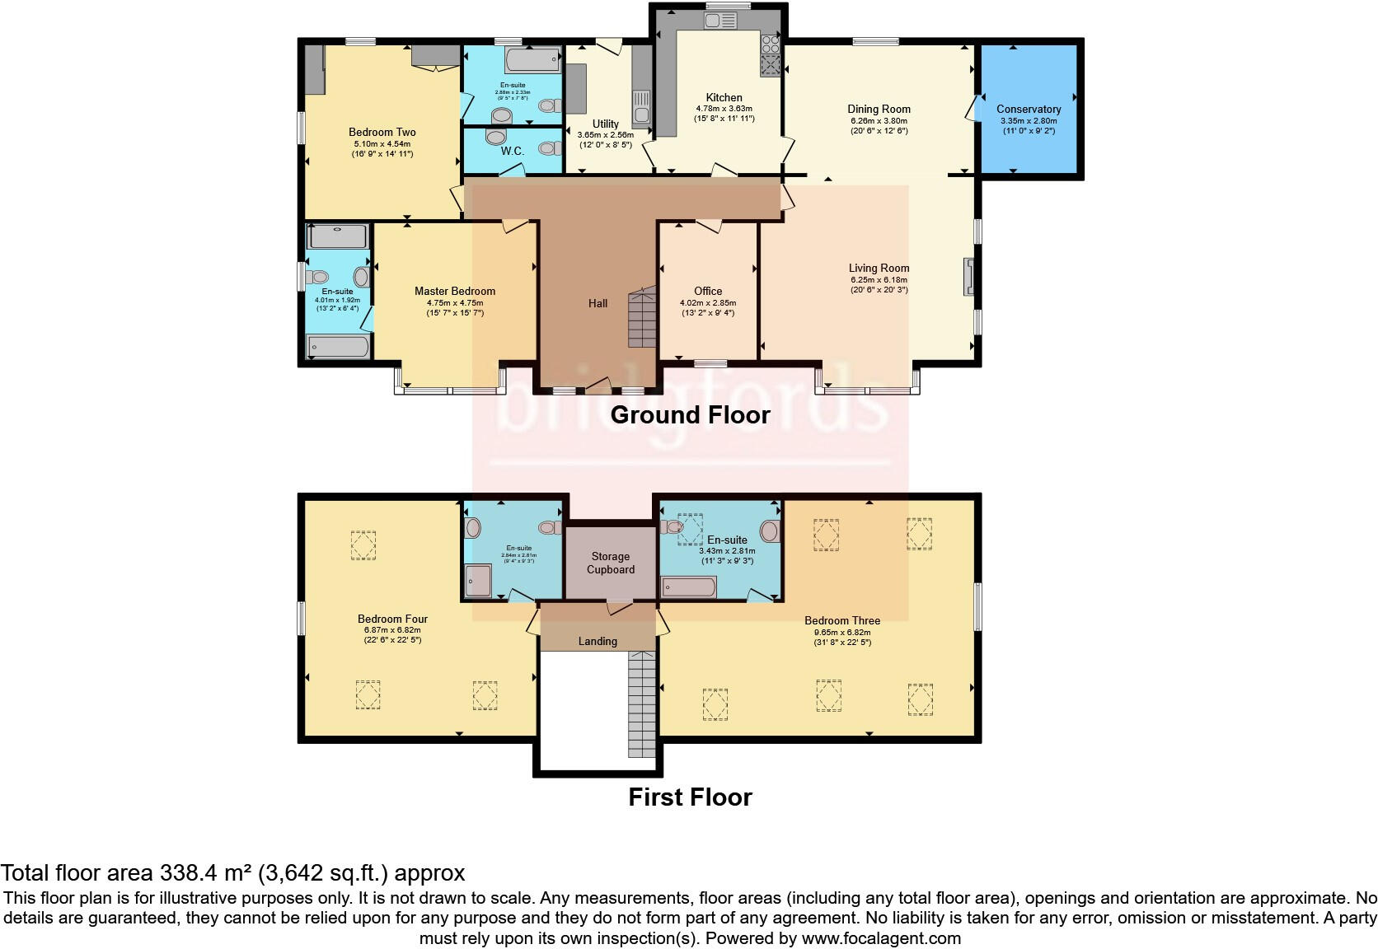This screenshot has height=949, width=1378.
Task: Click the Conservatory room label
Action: (1028, 109)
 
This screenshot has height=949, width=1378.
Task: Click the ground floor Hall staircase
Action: (643, 317)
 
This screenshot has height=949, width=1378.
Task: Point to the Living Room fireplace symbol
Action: (970, 277)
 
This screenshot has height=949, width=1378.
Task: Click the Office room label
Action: (707, 291)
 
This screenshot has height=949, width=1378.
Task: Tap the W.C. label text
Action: (512, 151)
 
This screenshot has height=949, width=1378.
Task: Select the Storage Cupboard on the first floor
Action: (610, 563)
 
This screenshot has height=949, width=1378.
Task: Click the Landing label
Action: (597, 641)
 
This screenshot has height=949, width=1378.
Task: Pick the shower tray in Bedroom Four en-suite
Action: (478, 580)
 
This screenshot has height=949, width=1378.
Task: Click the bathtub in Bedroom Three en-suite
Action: (689, 587)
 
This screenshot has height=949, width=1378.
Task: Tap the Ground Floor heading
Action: (690, 414)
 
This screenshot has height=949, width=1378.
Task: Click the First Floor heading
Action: (690, 797)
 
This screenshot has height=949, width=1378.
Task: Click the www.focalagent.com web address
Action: (881, 937)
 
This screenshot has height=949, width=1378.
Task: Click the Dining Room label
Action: (879, 109)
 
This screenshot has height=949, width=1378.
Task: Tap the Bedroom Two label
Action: (382, 132)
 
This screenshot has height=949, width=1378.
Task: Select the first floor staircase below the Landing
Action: (641, 704)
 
